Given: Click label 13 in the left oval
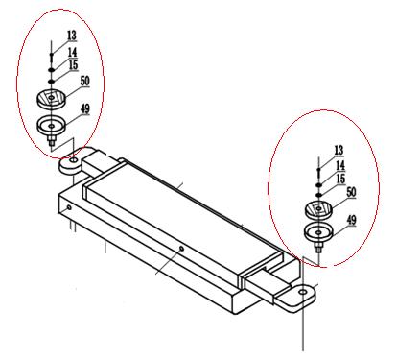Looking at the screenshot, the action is coord(72,36).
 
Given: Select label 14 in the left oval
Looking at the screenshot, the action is coord(73,52).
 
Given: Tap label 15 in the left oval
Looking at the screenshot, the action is coord(74,64).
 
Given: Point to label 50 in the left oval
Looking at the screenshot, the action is coord(84,81).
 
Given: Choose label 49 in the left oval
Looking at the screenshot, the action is coord(85,108).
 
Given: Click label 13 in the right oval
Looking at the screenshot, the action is coord(339,150).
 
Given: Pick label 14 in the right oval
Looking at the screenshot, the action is coord(340,165).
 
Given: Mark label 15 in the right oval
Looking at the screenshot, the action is coord(341,179).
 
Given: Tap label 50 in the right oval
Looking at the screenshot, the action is coord(351,192).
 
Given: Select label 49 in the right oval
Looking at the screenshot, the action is coord(352,220).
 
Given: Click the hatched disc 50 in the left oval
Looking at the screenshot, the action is coord(52,98).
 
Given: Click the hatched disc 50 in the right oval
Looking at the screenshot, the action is coord(318,209).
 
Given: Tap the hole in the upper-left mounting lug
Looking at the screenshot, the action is coord(74,159).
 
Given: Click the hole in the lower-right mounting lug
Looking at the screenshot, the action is coord(303,292).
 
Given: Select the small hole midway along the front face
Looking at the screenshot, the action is coord(181,249).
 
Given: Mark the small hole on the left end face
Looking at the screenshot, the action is coord(69,207).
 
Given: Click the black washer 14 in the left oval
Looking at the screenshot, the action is coord(52,70).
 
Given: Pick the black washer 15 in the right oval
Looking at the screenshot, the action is coord(318,195).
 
